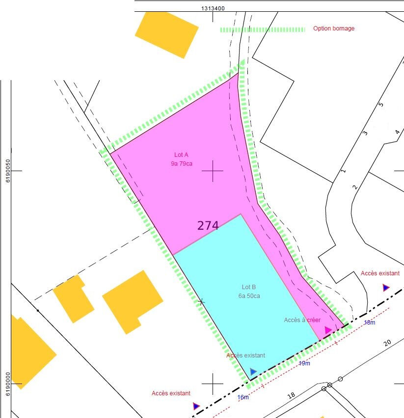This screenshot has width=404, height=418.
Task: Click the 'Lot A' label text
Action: [182, 155]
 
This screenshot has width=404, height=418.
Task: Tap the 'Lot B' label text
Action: [249, 287]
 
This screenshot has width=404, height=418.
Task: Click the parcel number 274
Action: [208, 226]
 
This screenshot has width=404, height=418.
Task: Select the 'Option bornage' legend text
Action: [334, 29]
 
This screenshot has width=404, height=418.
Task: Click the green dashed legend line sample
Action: [262, 30]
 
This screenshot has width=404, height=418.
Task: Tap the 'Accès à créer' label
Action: [302, 320]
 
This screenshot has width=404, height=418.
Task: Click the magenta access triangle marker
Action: [328, 330]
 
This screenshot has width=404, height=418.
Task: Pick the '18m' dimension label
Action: [369, 323]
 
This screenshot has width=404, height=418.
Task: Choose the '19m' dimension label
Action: [304, 363]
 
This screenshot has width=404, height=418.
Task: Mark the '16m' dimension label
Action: [243, 397]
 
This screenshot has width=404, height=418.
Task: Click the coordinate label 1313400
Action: [213, 8]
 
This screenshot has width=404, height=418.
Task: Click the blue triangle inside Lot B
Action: [253, 372]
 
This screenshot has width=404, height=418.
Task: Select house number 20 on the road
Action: [387, 342]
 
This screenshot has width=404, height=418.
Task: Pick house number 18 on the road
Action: [291, 395]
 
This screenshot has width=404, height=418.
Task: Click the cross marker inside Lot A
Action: [213, 171]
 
